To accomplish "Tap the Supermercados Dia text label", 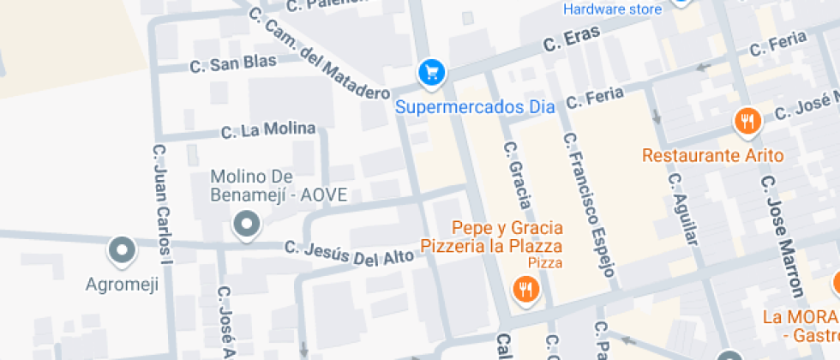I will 475,107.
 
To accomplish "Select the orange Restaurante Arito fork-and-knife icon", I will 748,122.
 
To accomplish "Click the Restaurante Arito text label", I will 713,155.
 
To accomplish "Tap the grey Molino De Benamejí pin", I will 247,225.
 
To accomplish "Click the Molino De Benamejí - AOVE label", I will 279,185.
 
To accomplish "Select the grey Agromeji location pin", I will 122,250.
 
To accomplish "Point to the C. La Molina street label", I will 268,130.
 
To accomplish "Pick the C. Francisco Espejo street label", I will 588,205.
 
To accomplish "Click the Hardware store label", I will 612,9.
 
